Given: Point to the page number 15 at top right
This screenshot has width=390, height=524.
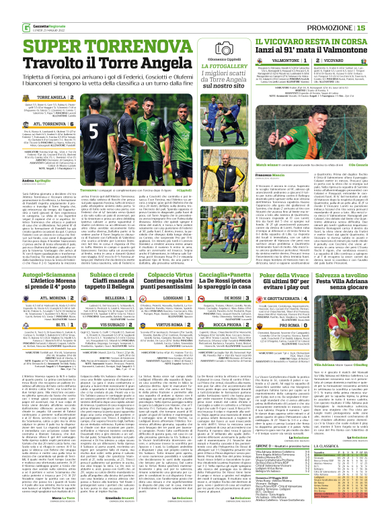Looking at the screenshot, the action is click(380, 27).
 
